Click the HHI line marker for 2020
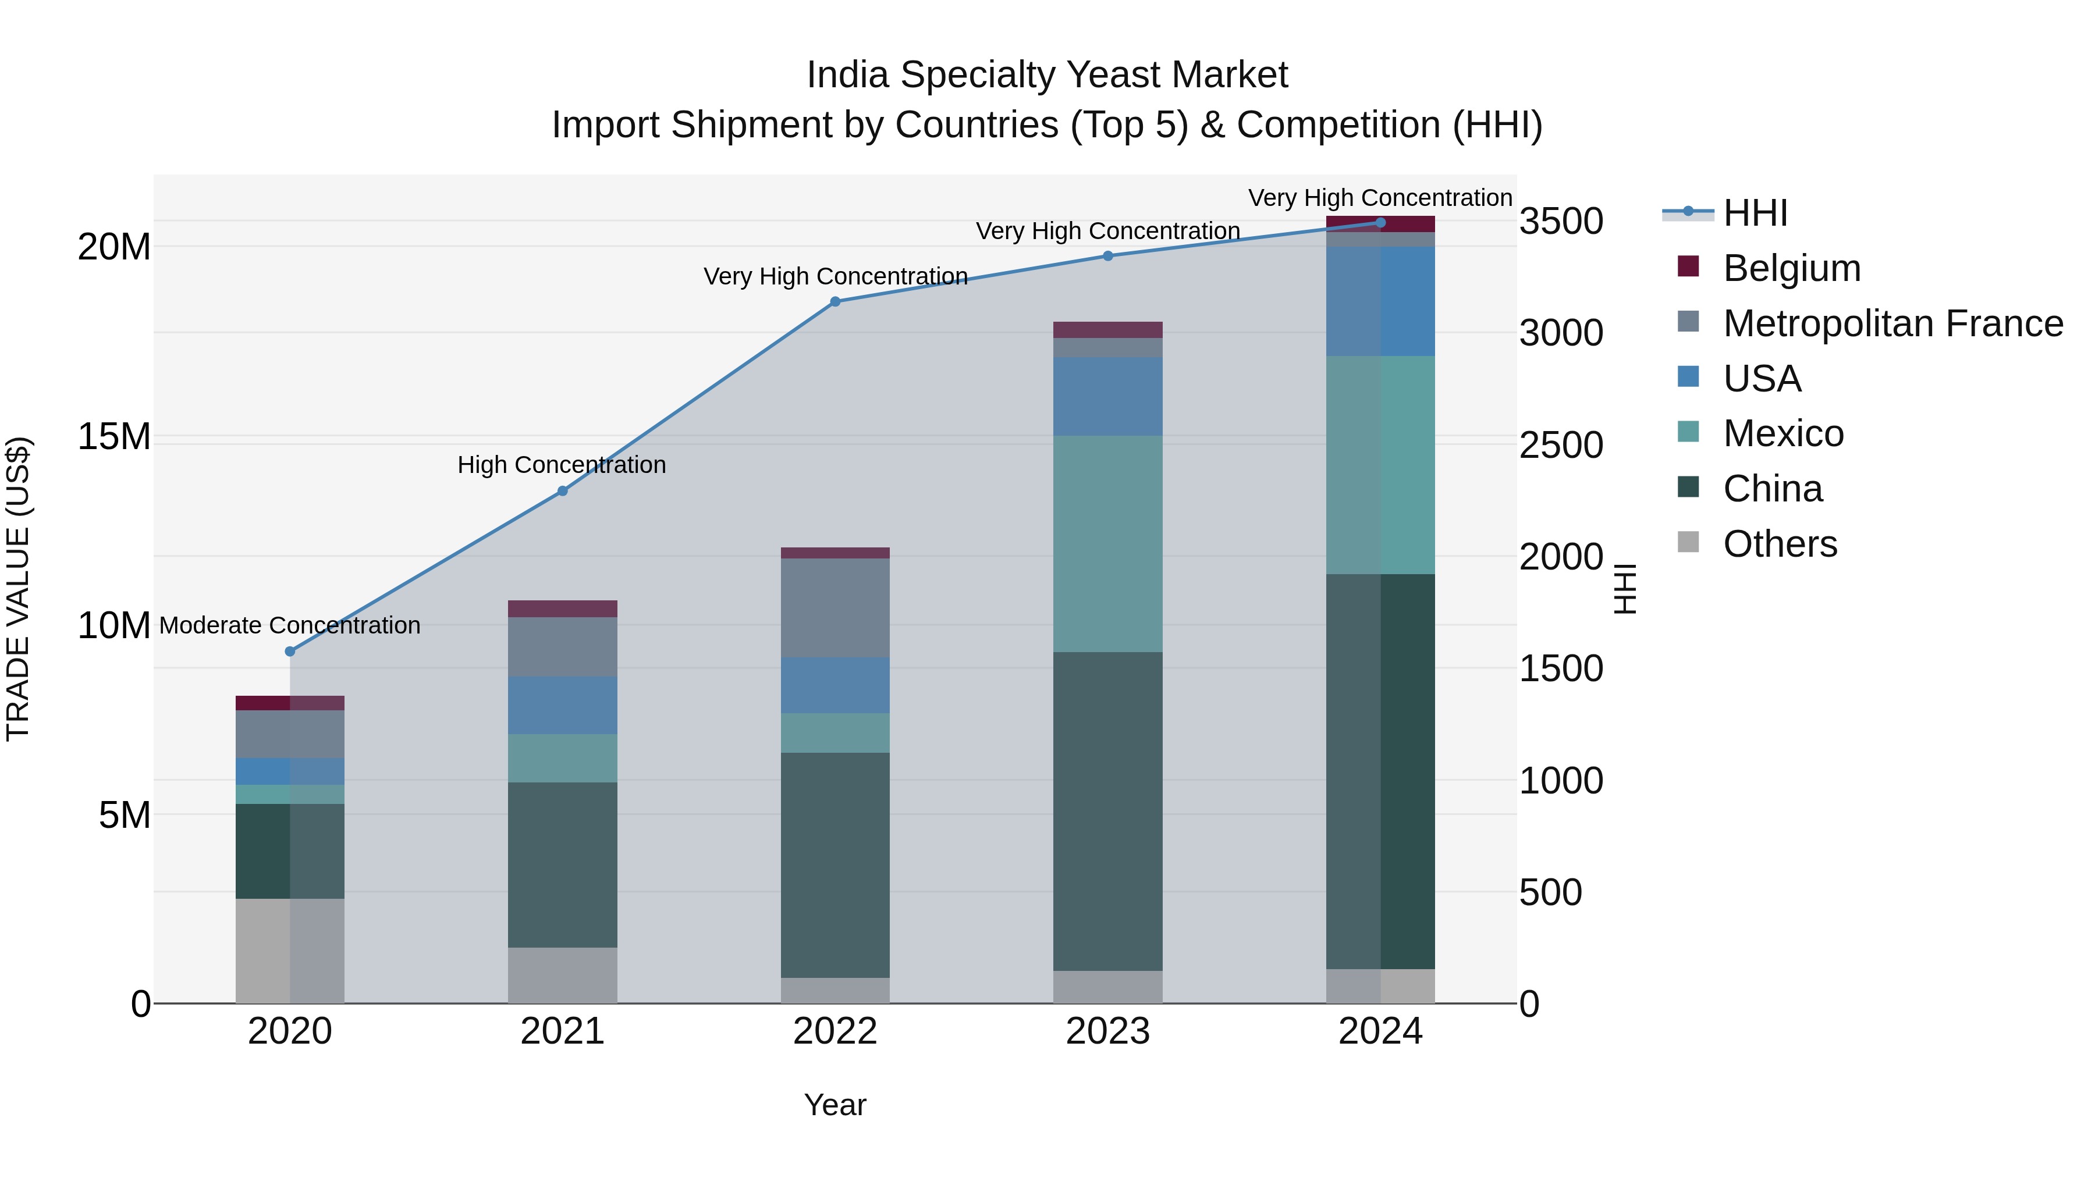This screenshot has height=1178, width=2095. [x=290, y=651]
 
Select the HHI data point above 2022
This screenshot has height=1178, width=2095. [x=835, y=301]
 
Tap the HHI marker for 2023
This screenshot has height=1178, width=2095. [x=1107, y=256]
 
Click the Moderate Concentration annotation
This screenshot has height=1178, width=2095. [x=290, y=625]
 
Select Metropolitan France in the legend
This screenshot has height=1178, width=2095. [x=1892, y=323]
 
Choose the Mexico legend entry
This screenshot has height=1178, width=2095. [x=1782, y=433]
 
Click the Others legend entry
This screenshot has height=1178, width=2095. [x=1780, y=544]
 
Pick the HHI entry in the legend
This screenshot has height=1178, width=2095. [x=1755, y=213]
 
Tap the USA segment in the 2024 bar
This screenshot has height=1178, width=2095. [x=1380, y=301]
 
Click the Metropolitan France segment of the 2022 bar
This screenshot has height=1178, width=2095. [x=835, y=607]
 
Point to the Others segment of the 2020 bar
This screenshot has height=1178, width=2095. [x=290, y=951]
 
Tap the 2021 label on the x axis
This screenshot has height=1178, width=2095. [x=562, y=1031]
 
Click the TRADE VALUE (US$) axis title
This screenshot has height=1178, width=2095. [x=18, y=589]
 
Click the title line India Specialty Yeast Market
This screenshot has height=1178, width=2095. [x=1047, y=75]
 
